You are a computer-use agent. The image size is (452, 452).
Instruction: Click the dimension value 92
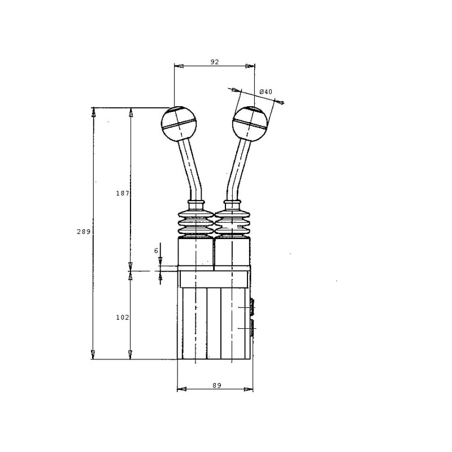click(x=215, y=62)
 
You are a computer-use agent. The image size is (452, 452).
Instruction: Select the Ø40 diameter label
click(x=266, y=92)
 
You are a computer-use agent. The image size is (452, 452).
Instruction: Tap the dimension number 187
click(x=123, y=193)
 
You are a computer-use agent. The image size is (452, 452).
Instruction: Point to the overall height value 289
click(x=84, y=232)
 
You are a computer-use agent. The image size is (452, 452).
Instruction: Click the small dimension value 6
click(x=157, y=251)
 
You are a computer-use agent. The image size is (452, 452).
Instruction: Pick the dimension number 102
click(x=123, y=318)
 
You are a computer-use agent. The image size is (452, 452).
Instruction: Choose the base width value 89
click(x=217, y=385)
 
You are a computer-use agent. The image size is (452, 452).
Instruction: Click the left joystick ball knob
click(x=179, y=124)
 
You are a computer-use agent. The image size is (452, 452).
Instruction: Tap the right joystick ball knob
click(x=250, y=124)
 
